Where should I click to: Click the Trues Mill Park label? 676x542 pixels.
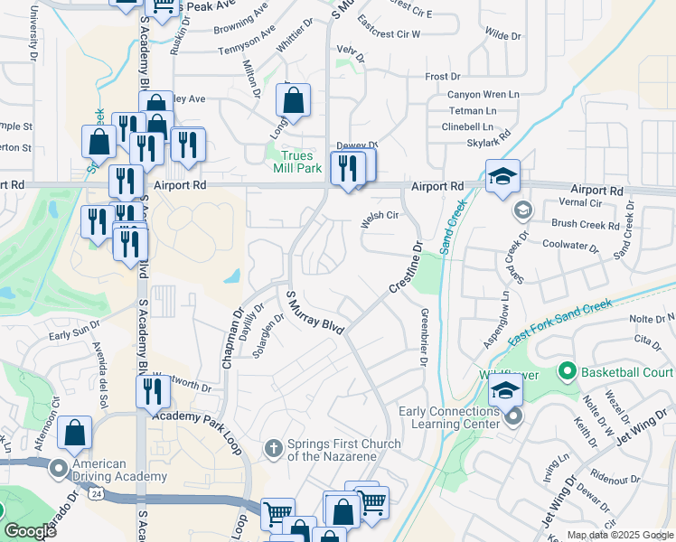pyautogui.click(x=297, y=163)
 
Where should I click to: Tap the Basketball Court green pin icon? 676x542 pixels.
pyautogui.click(x=568, y=371)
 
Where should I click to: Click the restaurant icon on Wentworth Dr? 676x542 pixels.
pyautogui.click(x=152, y=391)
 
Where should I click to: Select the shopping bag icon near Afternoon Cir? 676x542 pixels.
pyautogui.click(x=75, y=434)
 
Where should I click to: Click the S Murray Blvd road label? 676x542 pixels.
pyautogui.click(x=315, y=313)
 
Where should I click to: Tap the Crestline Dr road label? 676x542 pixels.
pyautogui.click(x=406, y=266)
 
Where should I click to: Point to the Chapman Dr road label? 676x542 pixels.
pyautogui.click(x=232, y=340)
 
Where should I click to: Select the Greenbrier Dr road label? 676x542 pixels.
pyautogui.click(x=423, y=338)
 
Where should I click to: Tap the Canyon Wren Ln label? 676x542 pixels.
pyautogui.click(x=483, y=94)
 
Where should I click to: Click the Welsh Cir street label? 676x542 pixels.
pyautogui.click(x=380, y=215)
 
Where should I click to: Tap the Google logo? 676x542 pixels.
pyautogui.click(x=30, y=531)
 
